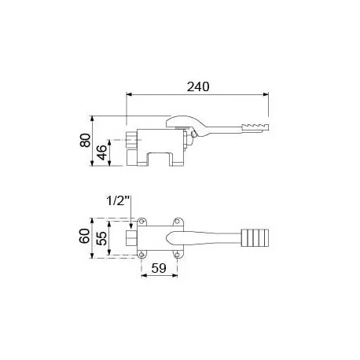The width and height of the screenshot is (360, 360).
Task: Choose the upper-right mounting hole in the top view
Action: [x=178, y=220]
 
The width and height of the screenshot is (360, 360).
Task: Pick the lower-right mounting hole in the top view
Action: [x=178, y=254]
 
